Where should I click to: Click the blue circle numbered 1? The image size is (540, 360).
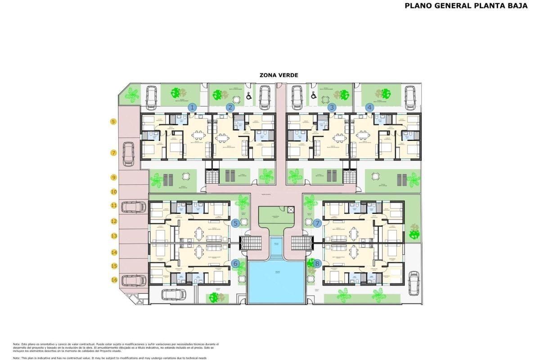192,108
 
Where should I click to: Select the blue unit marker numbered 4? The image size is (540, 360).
370,108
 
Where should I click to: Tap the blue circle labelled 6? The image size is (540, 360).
235,264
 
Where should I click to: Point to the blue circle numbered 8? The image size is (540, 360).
318,264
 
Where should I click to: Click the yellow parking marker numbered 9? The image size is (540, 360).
114,178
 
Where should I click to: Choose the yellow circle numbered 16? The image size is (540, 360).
114,280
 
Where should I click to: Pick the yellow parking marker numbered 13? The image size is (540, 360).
114,236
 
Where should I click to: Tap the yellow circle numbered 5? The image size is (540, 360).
113,121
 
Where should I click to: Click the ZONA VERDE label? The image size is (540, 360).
279,75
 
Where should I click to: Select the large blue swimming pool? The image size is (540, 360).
276,282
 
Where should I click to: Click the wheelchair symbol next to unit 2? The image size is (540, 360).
249,96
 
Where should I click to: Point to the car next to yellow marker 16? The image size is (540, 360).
135,280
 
